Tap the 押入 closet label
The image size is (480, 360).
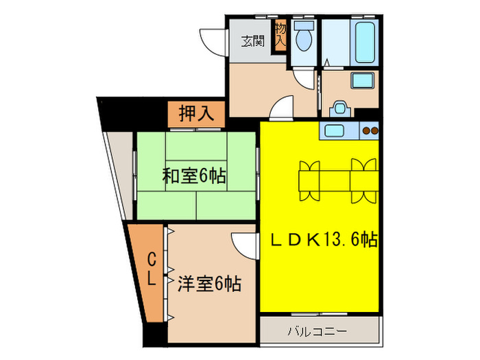pos(197,113)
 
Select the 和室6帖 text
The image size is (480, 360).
pos(194,176)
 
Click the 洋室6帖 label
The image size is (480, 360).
pos(210,283)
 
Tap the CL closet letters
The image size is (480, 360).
pos(154,269)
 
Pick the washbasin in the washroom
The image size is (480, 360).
pos(361,80)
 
